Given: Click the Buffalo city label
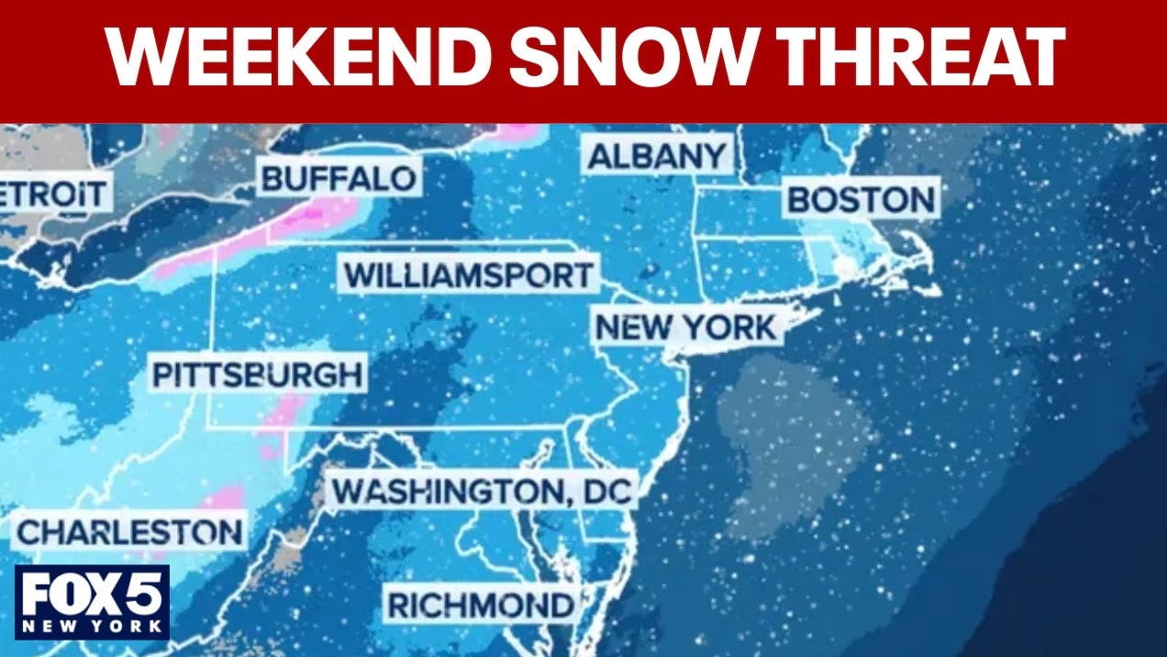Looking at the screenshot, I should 339,178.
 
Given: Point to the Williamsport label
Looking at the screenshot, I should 468,275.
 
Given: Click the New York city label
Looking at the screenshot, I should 687,327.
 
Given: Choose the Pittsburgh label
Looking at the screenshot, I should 257,375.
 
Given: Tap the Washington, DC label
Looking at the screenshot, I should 482,492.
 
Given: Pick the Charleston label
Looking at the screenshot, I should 130,532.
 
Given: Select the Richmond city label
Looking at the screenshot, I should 480,606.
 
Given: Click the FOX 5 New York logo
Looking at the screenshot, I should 92,602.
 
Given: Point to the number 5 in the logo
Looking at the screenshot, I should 143,595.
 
